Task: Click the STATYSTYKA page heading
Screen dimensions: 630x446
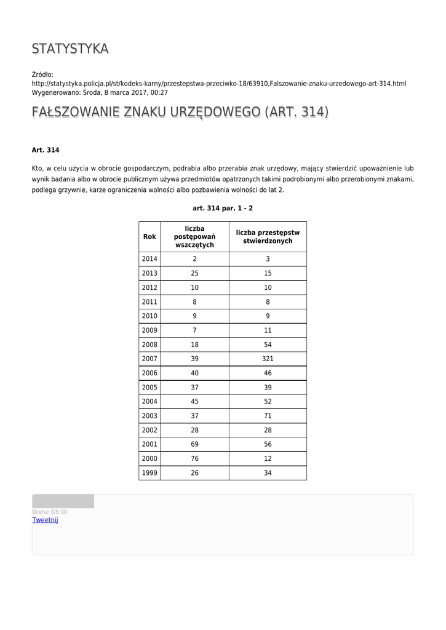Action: click(70, 49)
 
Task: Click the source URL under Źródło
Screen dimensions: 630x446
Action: click(219, 84)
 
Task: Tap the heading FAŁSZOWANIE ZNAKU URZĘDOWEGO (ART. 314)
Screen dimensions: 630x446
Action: click(180, 112)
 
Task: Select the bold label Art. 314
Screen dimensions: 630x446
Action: click(46, 150)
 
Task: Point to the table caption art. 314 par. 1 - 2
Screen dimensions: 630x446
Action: click(222, 209)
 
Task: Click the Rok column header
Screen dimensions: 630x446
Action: click(149, 236)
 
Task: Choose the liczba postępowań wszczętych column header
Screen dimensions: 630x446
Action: click(194, 236)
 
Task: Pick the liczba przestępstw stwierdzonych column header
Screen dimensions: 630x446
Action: click(268, 236)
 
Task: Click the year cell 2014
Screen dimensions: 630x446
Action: click(149, 259)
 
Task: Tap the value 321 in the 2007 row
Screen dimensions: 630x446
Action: click(268, 359)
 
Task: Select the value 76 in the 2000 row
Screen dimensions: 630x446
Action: click(194, 459)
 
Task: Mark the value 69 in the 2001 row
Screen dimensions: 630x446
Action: click(194, 445)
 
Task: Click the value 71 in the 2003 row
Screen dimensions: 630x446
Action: click(268, 416)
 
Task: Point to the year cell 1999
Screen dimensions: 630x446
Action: click(149, 473)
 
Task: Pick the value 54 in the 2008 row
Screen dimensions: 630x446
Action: click(268, 345)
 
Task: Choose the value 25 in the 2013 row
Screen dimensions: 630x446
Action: click(194, 273)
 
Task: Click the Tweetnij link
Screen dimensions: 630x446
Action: click(45, 520)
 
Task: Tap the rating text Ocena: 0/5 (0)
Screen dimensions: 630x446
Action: click(50, 512)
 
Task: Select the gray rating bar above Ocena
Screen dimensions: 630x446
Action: click(63, 501)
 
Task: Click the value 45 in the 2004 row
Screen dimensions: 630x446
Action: click(194, 402)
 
